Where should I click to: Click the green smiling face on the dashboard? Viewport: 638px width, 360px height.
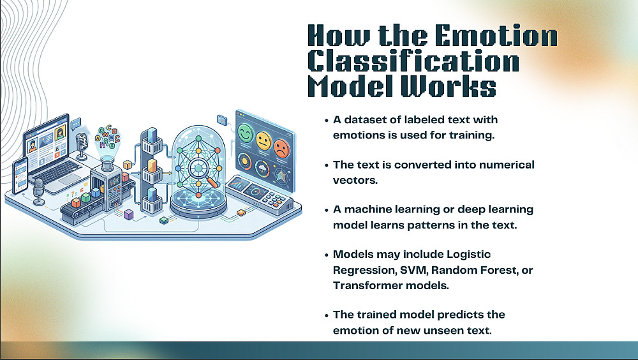246,133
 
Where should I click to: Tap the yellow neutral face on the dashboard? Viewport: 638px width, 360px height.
263,140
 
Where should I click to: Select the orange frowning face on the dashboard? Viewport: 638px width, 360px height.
281,148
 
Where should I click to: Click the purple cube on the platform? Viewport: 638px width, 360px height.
129,214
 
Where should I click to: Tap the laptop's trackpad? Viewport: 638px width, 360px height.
70,179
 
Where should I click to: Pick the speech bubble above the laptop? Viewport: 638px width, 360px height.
76,124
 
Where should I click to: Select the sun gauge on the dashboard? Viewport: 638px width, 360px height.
244,162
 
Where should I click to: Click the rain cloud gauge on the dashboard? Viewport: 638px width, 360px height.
262,169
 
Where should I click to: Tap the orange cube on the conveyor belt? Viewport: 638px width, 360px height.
76,202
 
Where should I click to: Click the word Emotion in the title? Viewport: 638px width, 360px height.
496,36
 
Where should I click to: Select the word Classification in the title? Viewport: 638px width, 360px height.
413,61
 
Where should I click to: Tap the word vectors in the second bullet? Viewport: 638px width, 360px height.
355,180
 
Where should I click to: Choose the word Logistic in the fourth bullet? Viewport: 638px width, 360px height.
469,255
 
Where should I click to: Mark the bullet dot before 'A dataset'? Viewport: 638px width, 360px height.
326,121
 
